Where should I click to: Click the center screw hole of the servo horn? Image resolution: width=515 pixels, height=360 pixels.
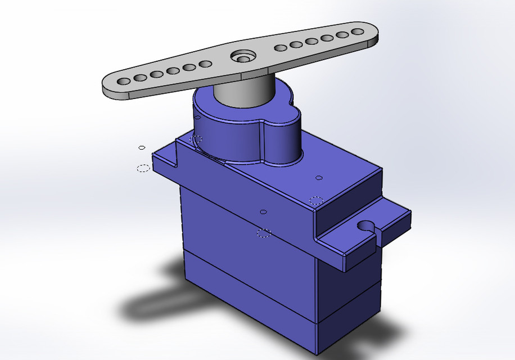click(243, 57)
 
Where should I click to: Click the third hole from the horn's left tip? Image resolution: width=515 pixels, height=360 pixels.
click(157, 74)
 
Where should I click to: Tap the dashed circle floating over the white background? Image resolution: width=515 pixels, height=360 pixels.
click(143, 168)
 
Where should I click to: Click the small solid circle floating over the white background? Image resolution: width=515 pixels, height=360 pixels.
click(142, 147)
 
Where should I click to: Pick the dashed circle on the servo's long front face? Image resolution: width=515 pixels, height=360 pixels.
click(264, 233)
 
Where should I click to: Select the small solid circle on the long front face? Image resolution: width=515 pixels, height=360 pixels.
click(263, 212)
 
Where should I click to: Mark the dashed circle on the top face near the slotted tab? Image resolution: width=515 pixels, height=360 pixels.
click(316, 200)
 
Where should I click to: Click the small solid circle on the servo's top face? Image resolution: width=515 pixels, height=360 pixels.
click(319, 178)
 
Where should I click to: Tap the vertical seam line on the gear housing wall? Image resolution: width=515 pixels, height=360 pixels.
click(262, 143)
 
